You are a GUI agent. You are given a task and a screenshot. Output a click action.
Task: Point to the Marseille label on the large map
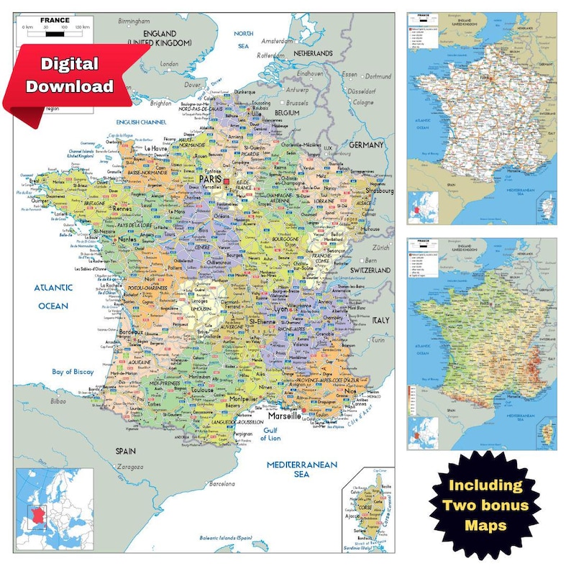tap(285, 416)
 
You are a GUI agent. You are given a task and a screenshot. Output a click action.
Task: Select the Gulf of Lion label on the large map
tap(270, 434)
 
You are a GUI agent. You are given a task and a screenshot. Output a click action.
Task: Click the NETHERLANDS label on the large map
tap(311, 53)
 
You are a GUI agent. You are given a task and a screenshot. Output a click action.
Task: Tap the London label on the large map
tap(170, 64)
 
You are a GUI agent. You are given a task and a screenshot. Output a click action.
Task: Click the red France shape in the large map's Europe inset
tap(37, 515)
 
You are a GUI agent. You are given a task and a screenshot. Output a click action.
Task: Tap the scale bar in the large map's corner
tap(55, 27)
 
